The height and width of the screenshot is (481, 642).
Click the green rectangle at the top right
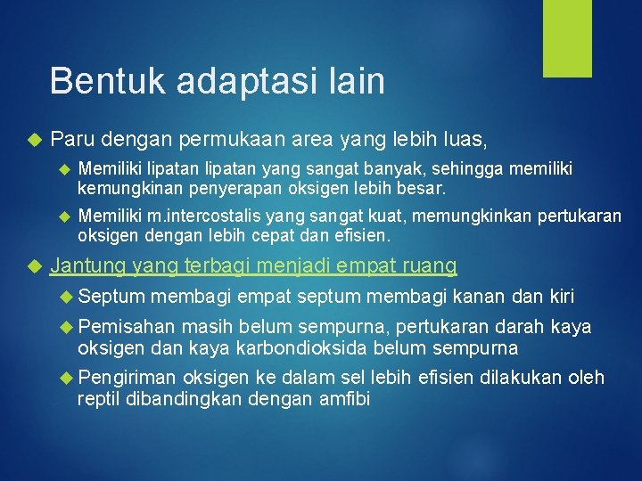click(x=568, y=38)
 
